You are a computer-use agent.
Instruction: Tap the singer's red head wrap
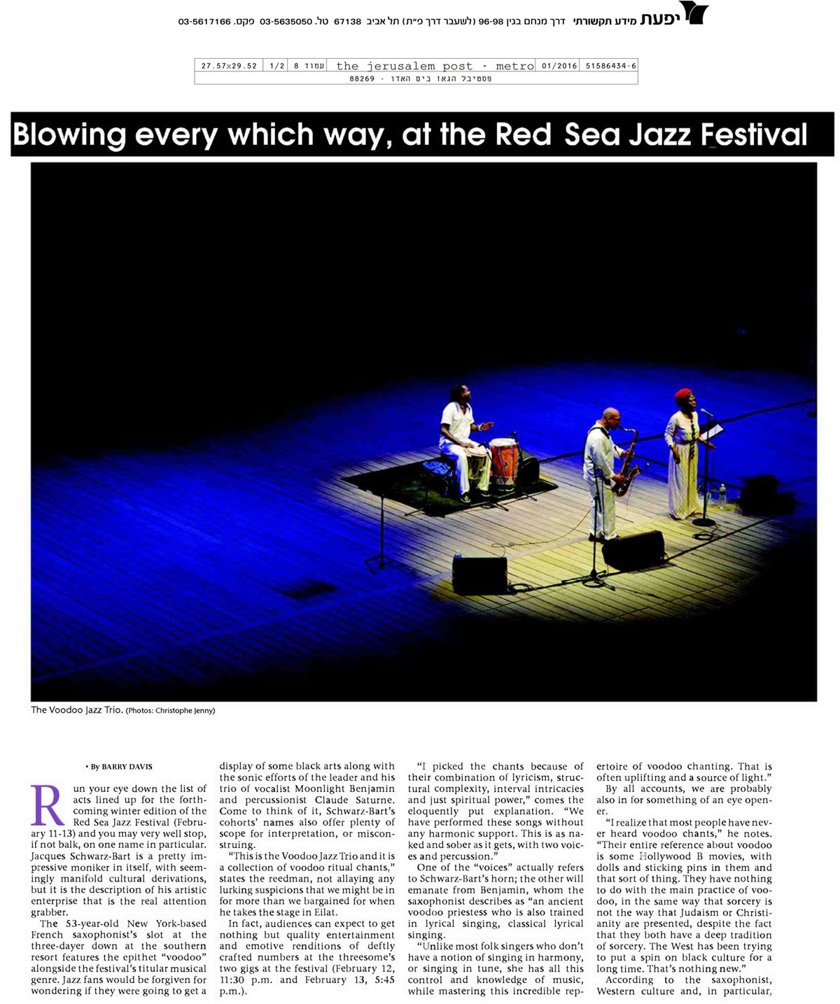pos(683,396)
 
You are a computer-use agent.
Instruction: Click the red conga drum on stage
pos(503,461)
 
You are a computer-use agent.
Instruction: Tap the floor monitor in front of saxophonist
pos(633,549)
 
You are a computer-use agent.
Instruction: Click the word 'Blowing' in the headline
pos(69,134)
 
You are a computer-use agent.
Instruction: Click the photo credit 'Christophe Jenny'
pos(185,711)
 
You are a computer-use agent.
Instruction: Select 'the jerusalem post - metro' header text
pos(435,66)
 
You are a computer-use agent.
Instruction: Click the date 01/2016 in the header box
pos(559,66)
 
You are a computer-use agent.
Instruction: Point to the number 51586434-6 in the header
pos(610,66)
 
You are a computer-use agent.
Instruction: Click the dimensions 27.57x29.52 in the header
pos(229,66)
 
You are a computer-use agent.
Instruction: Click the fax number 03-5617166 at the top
pos(204,22)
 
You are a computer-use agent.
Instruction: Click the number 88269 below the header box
pos(362,79)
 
